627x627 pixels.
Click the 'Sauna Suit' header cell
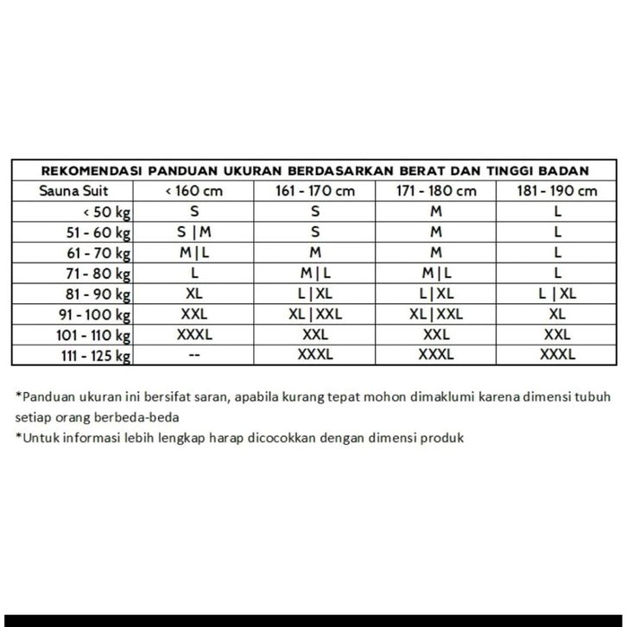[x=73, y=191]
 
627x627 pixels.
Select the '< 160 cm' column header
[x=193, y=191]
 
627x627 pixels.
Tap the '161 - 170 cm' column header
[x=315, y=191]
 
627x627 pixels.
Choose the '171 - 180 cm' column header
[x=436, y=191]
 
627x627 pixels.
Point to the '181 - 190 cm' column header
[x=557, y=191]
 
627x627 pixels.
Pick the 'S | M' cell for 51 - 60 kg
[x=193, y=232]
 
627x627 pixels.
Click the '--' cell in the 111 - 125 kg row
[x=193, y=356]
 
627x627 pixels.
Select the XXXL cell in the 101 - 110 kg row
[x=193, y=335]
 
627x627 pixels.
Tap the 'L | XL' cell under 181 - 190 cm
[x=557, y=294]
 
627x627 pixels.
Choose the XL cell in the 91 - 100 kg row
[x=557, y=314]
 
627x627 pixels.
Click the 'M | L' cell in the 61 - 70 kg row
[x=193, y=253]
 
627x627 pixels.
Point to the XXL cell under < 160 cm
[x=193, y=314]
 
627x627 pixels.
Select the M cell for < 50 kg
[x=436, y=212]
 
